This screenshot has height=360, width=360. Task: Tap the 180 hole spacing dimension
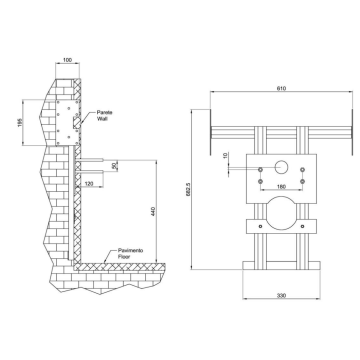pos(279,185)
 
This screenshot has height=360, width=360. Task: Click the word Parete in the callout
pos(105,113)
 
